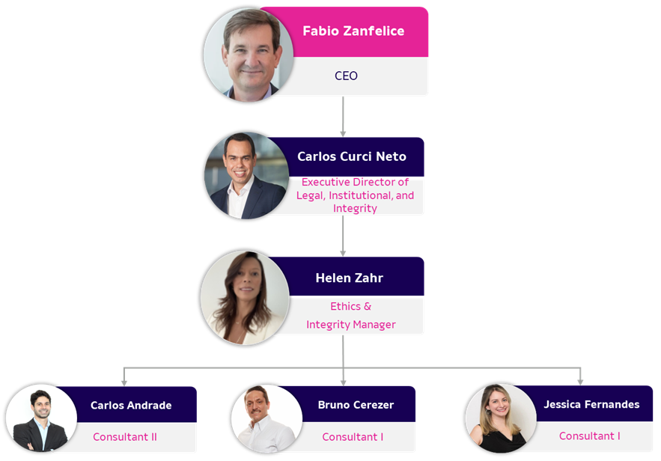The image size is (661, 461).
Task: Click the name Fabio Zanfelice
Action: pos(353,31)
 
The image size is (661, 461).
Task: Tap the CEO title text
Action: pos(346,76)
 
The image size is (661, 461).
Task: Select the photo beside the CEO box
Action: pos(249,55)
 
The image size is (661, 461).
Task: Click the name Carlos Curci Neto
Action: pos(352,156)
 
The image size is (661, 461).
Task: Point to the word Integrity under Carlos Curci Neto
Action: pos(355,209)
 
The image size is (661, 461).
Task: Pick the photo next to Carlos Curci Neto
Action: pos(246,176)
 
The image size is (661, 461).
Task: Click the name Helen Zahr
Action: pos(350,278)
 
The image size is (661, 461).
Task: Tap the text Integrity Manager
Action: pos(351,325)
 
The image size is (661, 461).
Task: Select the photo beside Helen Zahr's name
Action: pos(245,298)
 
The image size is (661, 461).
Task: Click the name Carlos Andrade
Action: pos(131,405)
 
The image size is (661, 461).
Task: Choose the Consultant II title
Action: pos(125,437)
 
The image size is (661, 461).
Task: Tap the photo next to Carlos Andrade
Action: pos(41,418)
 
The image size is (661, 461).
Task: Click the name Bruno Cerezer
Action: pos(356,405)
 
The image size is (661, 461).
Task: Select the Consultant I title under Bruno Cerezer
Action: pos(353,437)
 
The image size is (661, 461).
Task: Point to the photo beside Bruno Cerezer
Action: pos(266,419)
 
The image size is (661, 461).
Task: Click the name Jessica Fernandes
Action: pos(591,404)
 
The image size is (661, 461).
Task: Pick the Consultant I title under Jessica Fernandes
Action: pos(590,436)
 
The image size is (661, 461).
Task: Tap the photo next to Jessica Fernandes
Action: pos(501,418)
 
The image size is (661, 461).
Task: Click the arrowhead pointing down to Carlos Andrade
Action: pos(124,383)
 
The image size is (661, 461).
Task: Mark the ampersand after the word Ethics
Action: pos(368,306)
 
